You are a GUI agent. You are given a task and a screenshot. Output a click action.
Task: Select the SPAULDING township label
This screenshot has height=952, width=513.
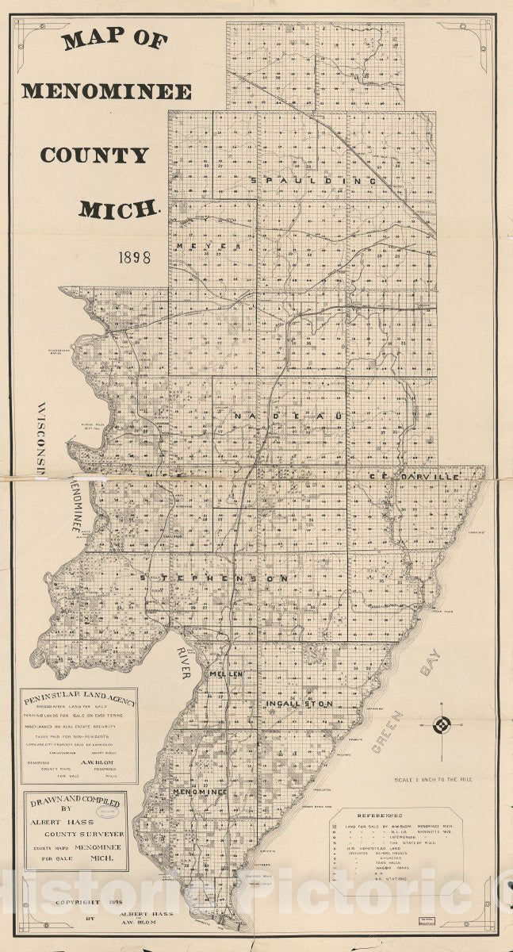(312, 181)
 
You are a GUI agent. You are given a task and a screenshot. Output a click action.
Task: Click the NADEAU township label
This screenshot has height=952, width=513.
(287, 415)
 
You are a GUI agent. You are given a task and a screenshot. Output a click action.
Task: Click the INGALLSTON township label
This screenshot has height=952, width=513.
(298, 703)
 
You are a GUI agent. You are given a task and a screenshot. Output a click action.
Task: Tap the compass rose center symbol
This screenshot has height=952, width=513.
(442, 725)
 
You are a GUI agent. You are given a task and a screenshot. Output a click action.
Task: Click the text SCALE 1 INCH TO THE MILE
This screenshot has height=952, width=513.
(433, 780)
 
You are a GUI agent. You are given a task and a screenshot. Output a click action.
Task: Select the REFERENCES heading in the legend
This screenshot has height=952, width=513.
(381, 815)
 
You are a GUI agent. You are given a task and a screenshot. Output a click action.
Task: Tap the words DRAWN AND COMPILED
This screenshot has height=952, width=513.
(75, 804)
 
